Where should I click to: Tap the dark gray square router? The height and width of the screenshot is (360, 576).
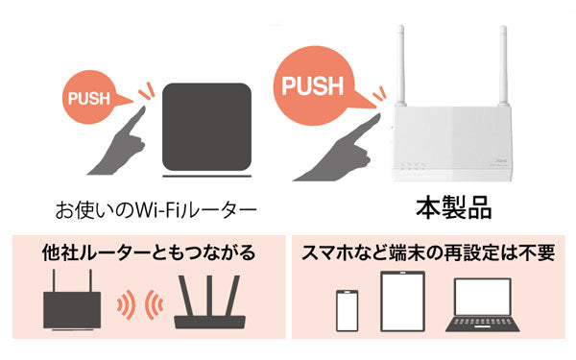pyautogui.click(x=206, y=127)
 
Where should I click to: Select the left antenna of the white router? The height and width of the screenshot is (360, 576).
pyautogui.click(x=401, y=65)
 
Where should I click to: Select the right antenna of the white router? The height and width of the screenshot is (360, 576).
pyautogui.click(x=503, y=65)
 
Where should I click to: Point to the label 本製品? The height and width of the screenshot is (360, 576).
pyautogui.click(x=453, y=207)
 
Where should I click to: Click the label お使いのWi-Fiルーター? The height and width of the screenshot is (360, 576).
pyautogui.click(x=156, y=210)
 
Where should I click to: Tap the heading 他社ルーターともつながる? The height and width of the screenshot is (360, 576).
pyautogui.click(x=149, y=252)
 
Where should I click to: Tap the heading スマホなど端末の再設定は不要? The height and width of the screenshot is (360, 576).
pyautogui.click(x=428, y=252)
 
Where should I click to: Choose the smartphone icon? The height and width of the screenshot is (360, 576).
pyautogui.click(x=348, y=311)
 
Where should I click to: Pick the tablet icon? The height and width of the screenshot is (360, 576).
pyautogui.click(x=402, y=301)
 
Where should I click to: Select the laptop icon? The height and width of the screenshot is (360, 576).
pyautogui.click(x=483, y=305)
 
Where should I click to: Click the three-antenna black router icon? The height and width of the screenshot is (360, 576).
pyautogui.click(x=209, y=302)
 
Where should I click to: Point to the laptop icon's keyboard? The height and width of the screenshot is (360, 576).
pyautogui.click(x=483, y=323)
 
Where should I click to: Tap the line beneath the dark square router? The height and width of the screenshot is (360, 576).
pyautogui.click(x=206, y=177)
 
